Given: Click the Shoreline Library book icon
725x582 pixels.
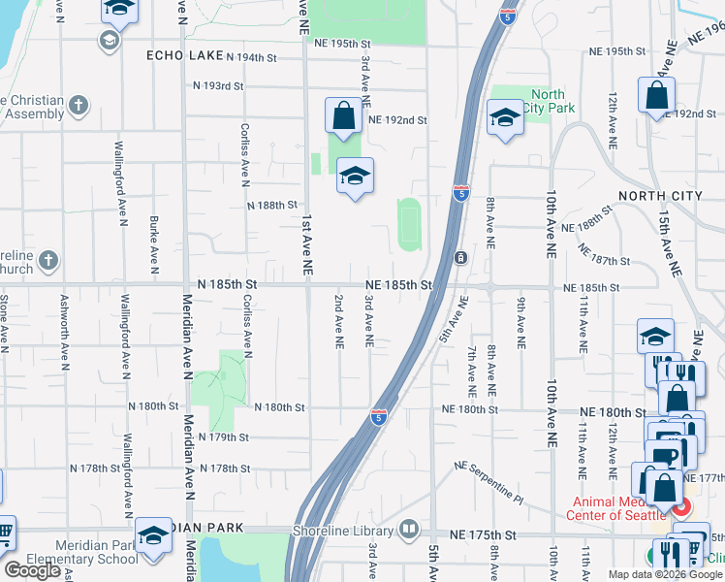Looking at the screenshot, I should click(409, 530).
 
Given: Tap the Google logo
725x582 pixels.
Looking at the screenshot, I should click(32, 570).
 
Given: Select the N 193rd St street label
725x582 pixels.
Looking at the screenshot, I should click(218, 86).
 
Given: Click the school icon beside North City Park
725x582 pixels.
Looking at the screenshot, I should click(504, 119).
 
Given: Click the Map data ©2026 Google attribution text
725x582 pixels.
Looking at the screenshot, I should click(665, 574).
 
